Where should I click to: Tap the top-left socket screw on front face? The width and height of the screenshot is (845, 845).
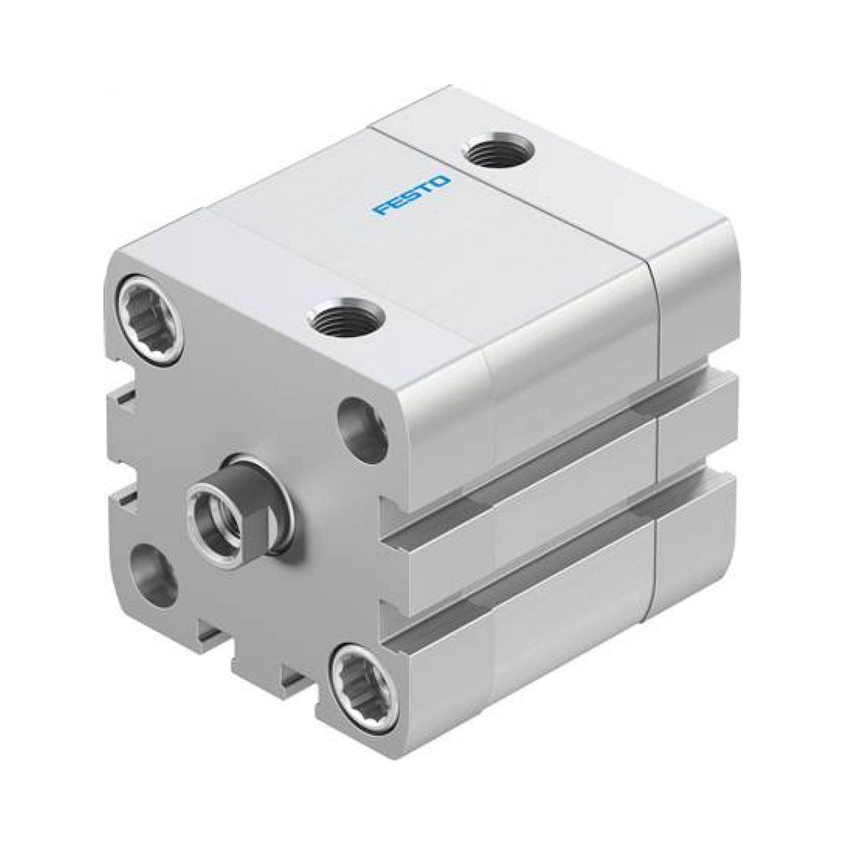coord(149,306)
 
